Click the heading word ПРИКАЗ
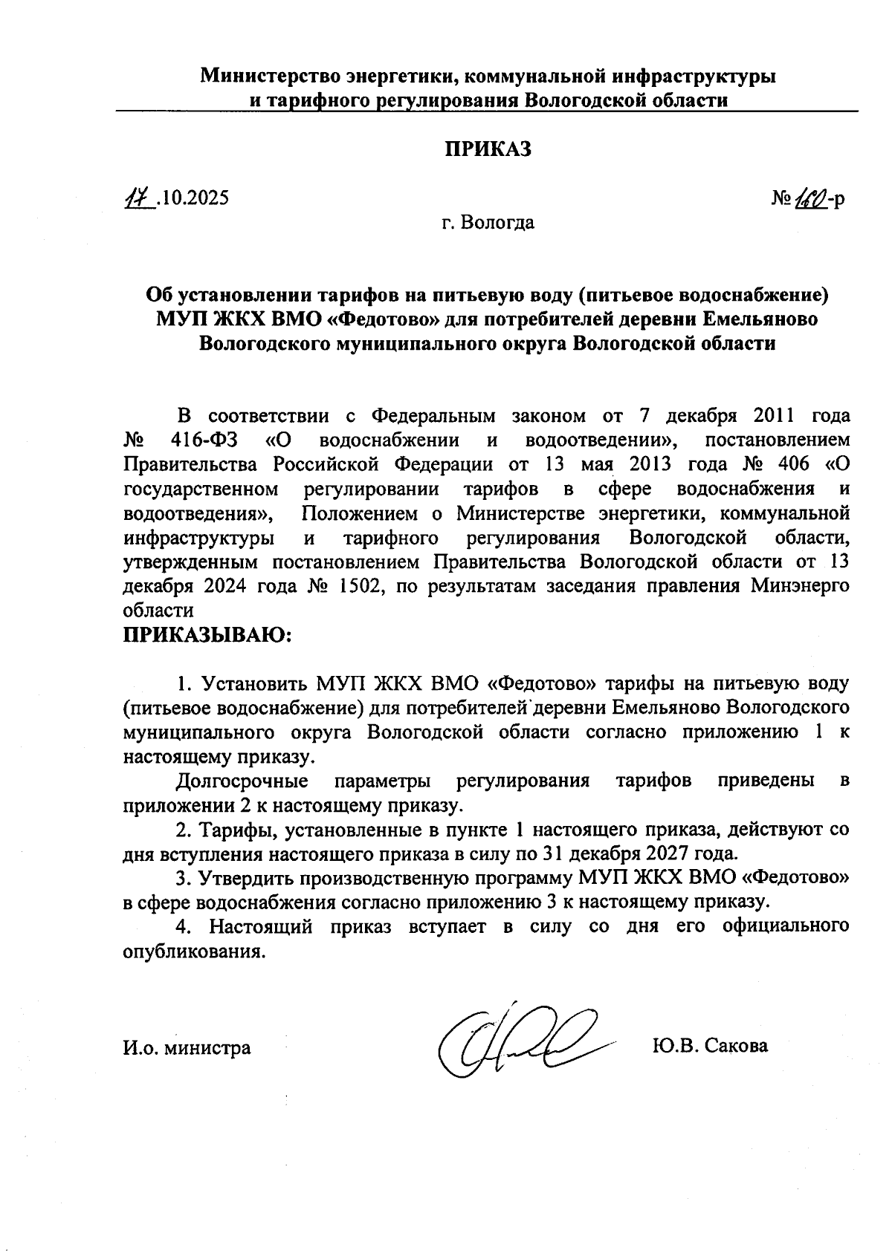pos(488,149)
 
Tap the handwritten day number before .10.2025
pos(138,198)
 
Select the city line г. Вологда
pos(488,222)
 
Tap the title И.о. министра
pos(187,1048)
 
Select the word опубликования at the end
pos(193,951)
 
